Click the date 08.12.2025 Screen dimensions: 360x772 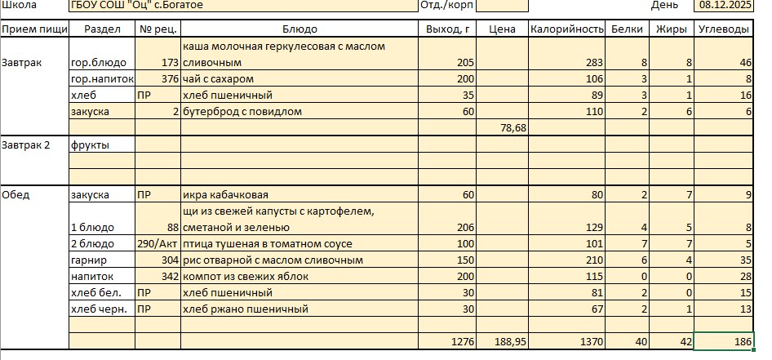tap(727, 5)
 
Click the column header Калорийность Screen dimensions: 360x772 tap(566, 29)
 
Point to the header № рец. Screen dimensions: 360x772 tap(158, 29)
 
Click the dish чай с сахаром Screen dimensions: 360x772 tap(219, 78)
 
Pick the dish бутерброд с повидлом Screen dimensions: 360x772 tap(242, 111)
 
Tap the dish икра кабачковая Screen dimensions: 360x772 tap(225, 195)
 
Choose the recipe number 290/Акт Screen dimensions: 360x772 tap(158, 244)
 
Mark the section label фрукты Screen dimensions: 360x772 tap(90, 144)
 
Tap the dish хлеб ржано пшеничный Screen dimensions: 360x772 tap(245, 309)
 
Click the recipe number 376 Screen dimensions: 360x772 tap(170, 78)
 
